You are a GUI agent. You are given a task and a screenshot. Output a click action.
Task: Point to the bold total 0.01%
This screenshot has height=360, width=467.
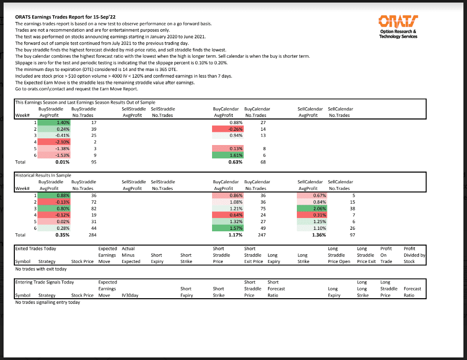click(x=62, y=162)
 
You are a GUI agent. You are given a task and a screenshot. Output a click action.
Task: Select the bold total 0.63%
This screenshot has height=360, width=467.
click(x=235, y=162)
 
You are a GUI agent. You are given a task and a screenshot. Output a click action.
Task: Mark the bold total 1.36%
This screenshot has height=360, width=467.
click(x=318, y=235)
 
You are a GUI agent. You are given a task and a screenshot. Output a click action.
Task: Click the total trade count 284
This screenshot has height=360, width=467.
click(x=92, y=235)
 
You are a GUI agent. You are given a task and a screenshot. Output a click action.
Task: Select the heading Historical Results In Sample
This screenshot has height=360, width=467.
click(x=43, y=175)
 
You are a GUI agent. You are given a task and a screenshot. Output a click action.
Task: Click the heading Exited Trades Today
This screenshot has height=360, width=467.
click(x=36, y=249)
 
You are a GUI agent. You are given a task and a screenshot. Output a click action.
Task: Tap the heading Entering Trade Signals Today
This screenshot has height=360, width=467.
click(x=45, y=282)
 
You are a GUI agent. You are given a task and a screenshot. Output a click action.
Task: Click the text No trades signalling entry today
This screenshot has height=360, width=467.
click(x=48, y=302)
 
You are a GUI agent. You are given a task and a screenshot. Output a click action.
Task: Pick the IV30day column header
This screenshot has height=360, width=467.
click(x=129, y=295)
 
